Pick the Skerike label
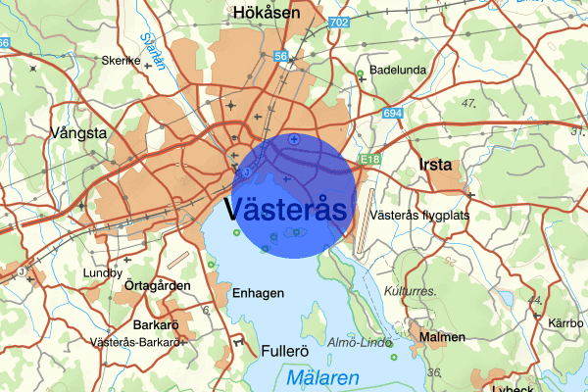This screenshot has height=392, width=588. coord(122,60)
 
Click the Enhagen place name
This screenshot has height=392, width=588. coord(258,293)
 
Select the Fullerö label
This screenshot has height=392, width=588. coord(286,350)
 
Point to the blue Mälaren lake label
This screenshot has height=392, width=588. coord(323,377)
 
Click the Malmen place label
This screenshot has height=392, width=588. coord(441,337)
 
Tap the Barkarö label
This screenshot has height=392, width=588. coord(157,324)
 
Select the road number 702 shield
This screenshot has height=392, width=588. coord(340,21)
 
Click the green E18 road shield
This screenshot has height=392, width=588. coord(369,158)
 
